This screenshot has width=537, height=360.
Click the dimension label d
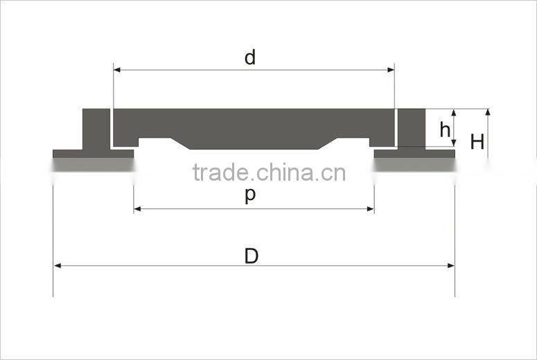250,57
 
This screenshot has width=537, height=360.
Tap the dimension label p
250,196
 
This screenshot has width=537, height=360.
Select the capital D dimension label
252,256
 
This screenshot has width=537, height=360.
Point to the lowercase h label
445,129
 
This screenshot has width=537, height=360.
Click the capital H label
477,142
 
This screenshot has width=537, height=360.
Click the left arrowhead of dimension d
117,70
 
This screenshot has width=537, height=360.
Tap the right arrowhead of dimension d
390,70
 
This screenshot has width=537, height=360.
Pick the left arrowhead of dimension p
137,209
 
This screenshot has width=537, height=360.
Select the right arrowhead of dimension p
370,209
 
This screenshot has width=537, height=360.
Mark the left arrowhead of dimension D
58,266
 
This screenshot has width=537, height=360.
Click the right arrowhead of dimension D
450,266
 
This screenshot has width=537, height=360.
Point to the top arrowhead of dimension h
454,113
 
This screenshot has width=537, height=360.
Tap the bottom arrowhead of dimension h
454,143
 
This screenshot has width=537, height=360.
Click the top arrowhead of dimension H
488,113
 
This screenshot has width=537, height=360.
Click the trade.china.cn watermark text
269,172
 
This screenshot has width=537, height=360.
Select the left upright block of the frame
96,129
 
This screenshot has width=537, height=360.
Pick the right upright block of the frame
412,129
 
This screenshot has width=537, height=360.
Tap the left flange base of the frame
93,154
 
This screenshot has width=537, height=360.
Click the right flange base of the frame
414,154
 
